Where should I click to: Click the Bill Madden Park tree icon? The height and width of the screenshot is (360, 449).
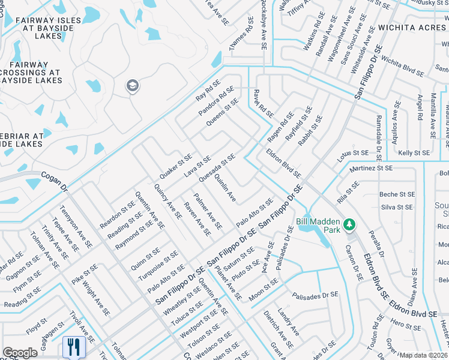pyautogui.click(x=349, y=225)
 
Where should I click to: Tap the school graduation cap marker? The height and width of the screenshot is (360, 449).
pyautogui.click(x=132, y=87)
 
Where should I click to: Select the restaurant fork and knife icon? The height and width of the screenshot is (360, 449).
pyautogui.click(x=70, y=346)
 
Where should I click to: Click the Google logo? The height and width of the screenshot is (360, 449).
pyautogui.click(x=20, y=353)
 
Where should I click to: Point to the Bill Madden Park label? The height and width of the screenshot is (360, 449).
pyautogui.click(x=318, y=225)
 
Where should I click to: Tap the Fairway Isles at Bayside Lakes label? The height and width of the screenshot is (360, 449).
pyautogui.click(x=40, y=28)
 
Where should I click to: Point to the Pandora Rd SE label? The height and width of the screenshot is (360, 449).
pyautogui.click(x=215, y=101)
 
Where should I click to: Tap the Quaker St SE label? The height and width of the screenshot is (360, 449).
pyautogui.click(x=175, y=166)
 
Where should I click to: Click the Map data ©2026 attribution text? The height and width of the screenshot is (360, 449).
pyautogui.click(x=424, y=355)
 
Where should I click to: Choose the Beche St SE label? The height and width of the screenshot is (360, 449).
pyautogui.click(x=397, y=194)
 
